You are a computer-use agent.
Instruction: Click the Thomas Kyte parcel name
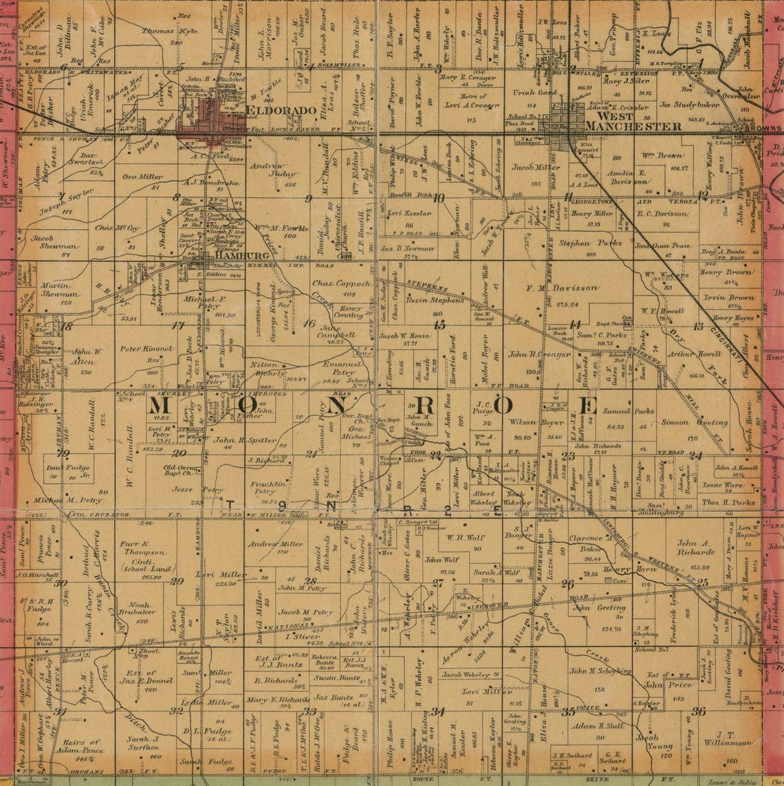(x=169, y=31)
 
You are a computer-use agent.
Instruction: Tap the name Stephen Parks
(x=580, y=243)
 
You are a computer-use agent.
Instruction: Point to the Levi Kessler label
(x=409, y=214)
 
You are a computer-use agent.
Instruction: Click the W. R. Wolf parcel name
(x=466, y=538)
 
